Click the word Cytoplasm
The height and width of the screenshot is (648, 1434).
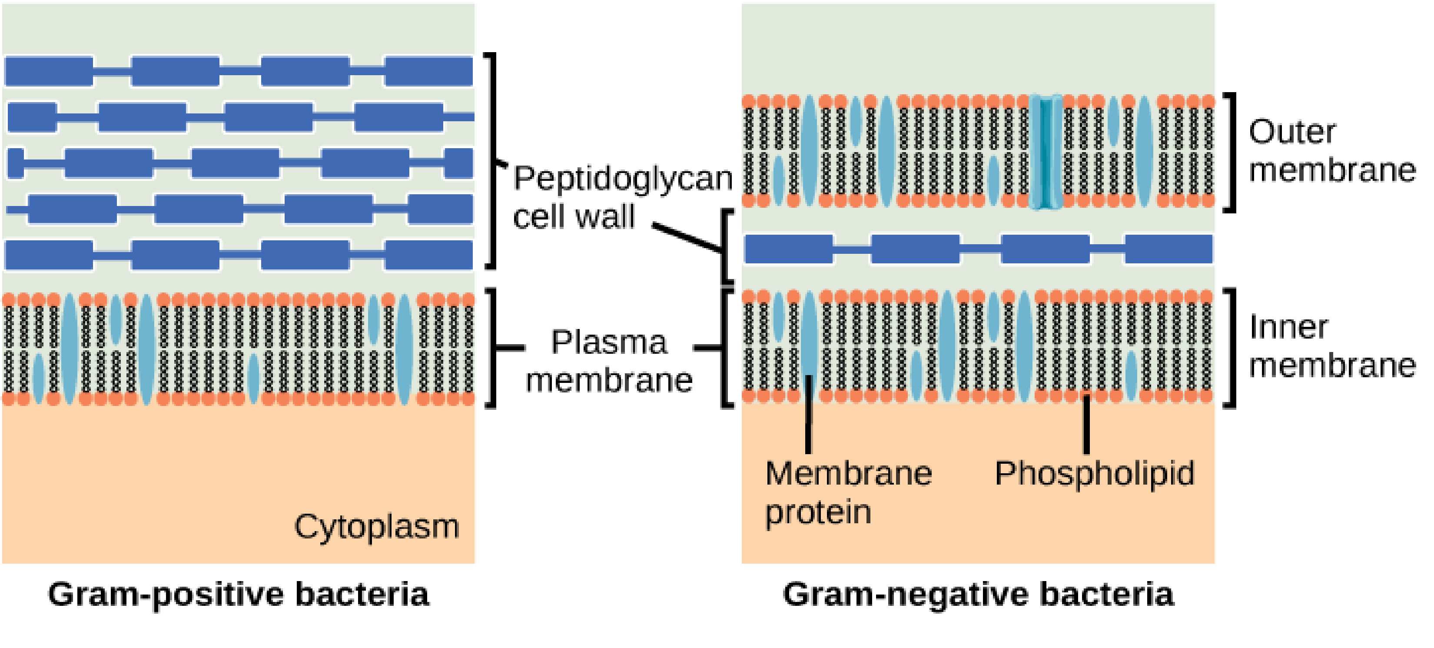pos(376,527)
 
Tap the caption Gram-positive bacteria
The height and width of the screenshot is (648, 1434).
pos(238,595)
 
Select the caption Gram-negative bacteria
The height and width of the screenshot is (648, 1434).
pos(978,595)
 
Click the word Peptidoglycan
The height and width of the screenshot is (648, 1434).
pos(622,179)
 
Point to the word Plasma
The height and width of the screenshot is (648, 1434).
pos(608,342)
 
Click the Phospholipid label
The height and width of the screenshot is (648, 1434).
pos(1094,474)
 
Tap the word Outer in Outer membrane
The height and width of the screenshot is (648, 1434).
pos(1291,133)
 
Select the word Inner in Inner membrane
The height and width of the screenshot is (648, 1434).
pos(1288,327)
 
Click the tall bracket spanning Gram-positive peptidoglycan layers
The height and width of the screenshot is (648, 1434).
pos(492,161)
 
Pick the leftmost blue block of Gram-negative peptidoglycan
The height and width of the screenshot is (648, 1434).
pos(788,249)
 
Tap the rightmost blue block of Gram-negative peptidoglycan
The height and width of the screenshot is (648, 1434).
pos(1168,249)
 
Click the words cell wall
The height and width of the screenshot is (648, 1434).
pos(573,217)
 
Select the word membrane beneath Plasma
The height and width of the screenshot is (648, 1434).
pos(609,381)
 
